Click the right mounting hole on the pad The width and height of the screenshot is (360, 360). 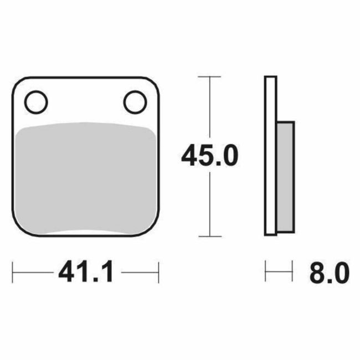pos(135,101)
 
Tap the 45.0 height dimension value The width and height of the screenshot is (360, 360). pos(209,157)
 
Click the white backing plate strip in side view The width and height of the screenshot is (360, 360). pos(270,155)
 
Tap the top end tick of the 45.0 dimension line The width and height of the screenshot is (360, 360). pos(209,76)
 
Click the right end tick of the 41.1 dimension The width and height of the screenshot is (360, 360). pos(159,272)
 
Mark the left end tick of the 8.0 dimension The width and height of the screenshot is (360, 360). pos(266,272)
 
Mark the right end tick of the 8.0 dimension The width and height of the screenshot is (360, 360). pos(292,272)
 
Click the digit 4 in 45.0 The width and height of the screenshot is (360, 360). pos(190,157)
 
